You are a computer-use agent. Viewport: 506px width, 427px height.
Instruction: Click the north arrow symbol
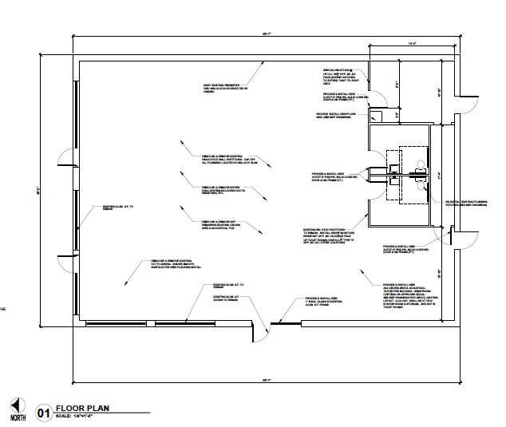[18, 409]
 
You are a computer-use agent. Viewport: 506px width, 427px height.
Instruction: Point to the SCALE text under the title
[81, 417]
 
